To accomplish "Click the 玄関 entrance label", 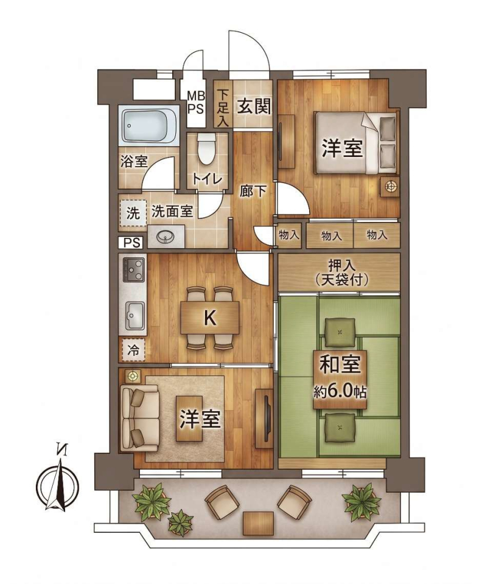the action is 254,107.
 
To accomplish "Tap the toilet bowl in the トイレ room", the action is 206,149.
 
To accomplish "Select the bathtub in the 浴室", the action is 149,126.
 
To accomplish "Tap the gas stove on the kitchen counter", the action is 133,270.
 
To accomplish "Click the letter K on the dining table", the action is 210,318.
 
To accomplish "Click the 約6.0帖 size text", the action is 340,392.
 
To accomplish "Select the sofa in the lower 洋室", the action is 140,417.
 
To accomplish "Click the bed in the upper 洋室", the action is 356,144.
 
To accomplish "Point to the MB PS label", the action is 195,102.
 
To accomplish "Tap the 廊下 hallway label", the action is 253,192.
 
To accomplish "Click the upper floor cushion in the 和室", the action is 339,332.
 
